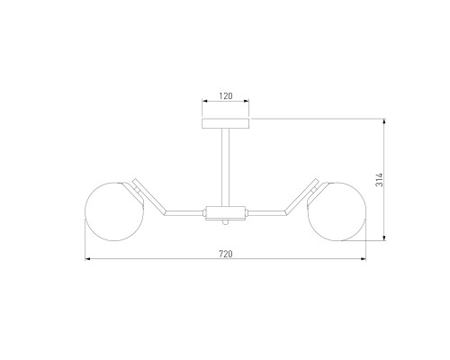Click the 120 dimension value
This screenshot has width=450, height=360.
click(226, 96)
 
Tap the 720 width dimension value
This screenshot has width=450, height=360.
click(226, 254)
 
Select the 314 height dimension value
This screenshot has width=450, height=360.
click(380, 180)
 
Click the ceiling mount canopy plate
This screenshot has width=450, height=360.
click(226, 123)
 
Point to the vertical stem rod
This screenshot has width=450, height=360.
click(226, 167)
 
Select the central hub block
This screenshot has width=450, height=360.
click(226, 212)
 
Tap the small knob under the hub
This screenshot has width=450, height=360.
click(226, 222)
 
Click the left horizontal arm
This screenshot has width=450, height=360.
click(184, 212)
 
